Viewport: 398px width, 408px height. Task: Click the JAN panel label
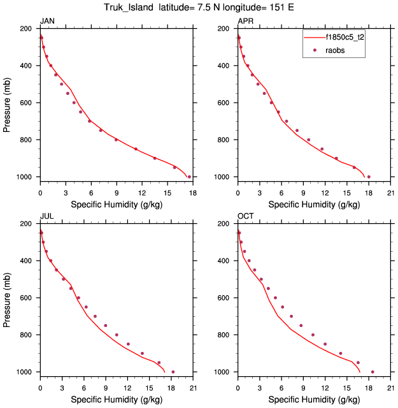46,22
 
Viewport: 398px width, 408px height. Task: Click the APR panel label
245,22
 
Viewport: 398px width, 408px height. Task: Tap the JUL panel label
46,217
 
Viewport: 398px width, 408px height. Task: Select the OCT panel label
245,217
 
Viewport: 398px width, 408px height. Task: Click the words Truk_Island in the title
130,8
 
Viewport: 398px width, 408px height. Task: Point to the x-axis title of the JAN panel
116,205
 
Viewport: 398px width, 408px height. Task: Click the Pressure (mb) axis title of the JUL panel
8,298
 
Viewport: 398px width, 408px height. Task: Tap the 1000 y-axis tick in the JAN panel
28,177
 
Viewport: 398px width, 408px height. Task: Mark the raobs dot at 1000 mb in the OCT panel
373,372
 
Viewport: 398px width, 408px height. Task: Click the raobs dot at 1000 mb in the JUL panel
173,372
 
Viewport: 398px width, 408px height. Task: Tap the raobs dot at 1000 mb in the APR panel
369,177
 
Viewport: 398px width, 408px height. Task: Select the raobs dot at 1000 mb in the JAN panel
189,177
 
